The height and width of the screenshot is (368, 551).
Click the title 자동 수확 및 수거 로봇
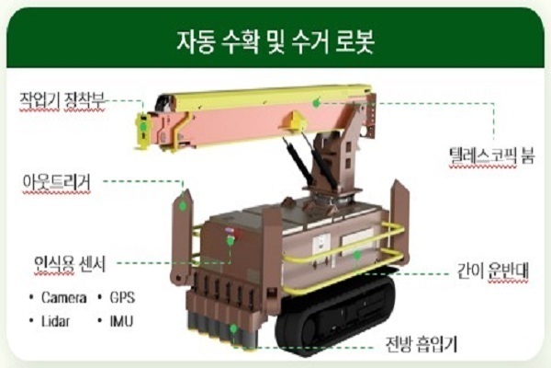tap(275, 41)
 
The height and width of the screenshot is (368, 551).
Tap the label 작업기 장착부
tap(62, 100)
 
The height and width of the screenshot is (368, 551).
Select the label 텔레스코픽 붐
tap(492, 155)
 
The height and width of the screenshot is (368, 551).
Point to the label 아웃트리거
tap(57, 182)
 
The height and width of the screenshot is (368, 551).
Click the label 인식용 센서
tap(70, 263)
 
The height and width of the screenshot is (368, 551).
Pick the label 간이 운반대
tap(492, 270)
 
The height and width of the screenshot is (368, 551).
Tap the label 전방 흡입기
tap(421, 343)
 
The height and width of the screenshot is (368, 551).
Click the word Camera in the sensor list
tap(64, 297)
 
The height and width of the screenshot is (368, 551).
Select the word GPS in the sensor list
tap(122, 297)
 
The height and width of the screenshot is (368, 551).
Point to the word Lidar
tap(55, 321)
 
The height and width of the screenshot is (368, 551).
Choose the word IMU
tap(121, 321)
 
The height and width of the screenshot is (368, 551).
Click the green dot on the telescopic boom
tap(316, 103)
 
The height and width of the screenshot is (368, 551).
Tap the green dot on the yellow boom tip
tap(143, 126)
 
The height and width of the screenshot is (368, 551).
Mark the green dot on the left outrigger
tap(183, 206)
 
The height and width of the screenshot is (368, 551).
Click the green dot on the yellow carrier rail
tap(357, 255)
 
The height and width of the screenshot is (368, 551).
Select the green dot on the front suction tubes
tap(233, 329)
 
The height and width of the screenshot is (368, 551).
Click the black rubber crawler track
tap(334, 316)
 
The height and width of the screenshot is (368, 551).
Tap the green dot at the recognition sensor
tap(231, 240)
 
